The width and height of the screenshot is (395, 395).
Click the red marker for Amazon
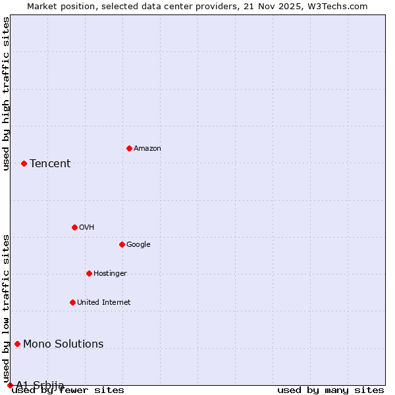129,148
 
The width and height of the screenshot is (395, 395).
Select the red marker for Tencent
24,163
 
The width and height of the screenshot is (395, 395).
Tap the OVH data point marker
74,227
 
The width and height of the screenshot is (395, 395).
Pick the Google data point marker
122,244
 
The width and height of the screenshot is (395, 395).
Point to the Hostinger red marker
89,273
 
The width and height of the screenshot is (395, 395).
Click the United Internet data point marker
72,302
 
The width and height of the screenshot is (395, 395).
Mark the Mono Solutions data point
17,344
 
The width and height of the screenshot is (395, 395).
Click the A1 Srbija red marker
10,385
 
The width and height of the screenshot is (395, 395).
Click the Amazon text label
147,149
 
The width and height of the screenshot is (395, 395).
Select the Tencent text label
50,164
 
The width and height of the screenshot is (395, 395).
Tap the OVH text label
86,228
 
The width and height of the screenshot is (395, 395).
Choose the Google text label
138,245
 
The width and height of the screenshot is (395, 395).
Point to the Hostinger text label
110,274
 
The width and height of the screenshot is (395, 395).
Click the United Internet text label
104,303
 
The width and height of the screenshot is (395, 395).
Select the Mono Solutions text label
63,344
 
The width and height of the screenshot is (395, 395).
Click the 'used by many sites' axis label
330,390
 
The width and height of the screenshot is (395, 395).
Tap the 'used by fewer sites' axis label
68,390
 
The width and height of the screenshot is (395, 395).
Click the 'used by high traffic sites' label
6,93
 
